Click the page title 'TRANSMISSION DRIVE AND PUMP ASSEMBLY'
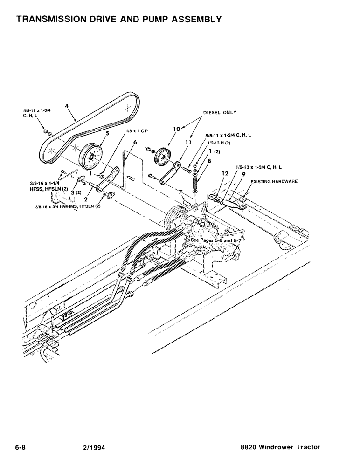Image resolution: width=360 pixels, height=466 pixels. click(118, 19)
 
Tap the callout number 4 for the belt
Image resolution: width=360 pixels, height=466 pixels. click(67, 106)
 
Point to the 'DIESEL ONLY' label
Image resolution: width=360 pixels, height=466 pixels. click(220, 112)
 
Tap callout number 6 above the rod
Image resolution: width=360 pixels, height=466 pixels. click(135, 142)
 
